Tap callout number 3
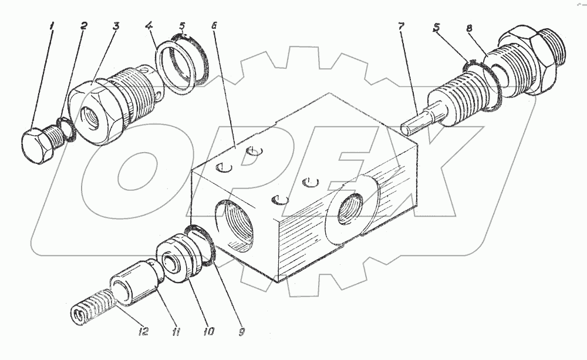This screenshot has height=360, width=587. point(117,26)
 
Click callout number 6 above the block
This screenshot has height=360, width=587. point(214,26)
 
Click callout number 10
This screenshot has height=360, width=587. point(208,332)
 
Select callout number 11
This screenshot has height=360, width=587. point(176,332)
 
